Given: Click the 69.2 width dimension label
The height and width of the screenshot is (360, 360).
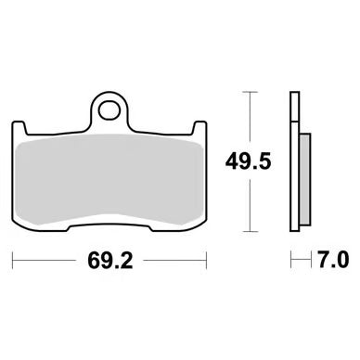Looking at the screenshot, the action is pos(110,261).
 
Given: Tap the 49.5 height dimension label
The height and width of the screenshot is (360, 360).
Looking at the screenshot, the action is pos(249,161).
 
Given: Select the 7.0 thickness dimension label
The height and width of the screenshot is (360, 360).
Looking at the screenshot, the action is pos(333,260).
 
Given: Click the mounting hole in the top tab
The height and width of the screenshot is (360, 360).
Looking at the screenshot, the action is pos(109,109).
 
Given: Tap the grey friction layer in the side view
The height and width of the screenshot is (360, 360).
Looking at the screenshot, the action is pos(305,179).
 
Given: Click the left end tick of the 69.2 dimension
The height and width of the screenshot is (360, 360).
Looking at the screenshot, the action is pos(12,261).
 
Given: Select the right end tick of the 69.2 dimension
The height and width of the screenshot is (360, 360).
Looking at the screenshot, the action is pos(206,261).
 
